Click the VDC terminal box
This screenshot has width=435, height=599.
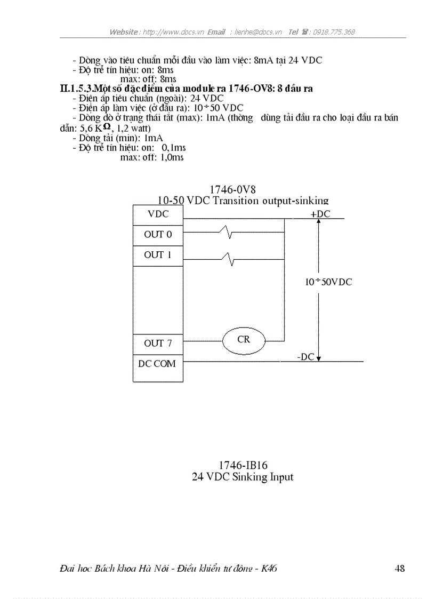click(158, 214)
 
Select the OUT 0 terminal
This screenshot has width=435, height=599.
click(158, 234)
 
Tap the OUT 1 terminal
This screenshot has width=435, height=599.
click(158, 255)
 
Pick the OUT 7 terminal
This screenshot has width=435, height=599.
click(158, 343)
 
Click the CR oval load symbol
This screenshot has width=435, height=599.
click(243, 339)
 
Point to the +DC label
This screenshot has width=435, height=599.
click(320, 213)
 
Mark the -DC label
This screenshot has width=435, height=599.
click(305, 357)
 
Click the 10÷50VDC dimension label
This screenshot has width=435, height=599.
click(328, 282)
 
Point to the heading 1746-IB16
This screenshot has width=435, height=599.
click(242, 465)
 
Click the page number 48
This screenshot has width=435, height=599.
click(400, 569)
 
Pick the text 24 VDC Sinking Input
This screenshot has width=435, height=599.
click(243, 477)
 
